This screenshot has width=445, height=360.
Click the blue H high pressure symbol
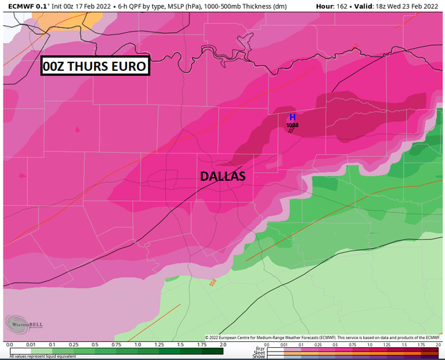(292, 117)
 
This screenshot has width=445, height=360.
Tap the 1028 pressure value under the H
(292, 125)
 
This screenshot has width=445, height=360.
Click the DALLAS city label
(222, 176)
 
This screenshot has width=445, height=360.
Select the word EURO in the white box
(128, 67)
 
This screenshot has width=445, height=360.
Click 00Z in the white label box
(55, 67)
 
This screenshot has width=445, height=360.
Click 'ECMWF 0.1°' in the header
(25, 5)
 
